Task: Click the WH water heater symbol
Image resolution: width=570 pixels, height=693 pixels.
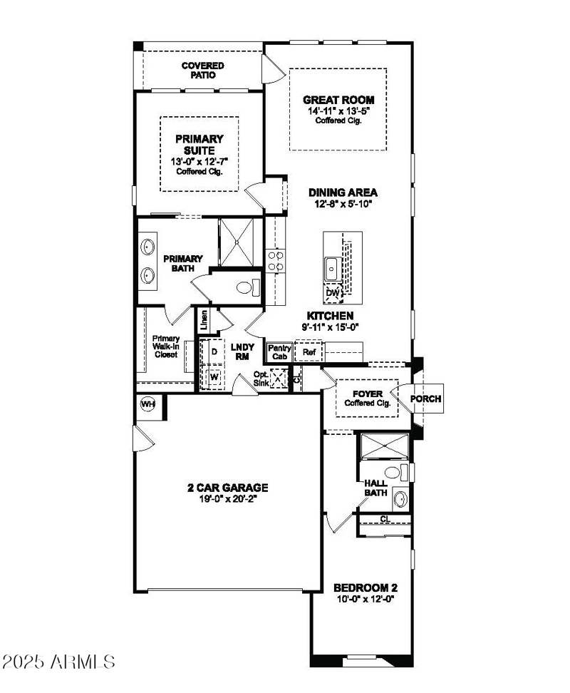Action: pyautogui.click(x=148, y=404)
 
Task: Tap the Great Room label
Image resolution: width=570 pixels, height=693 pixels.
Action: pyautogui.click(x=338, y=101)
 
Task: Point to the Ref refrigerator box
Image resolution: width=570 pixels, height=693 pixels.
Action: pyautogui.click(x=309, y=351)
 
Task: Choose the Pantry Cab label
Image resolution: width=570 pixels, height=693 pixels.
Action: pyautogui.click(x=278, y=351)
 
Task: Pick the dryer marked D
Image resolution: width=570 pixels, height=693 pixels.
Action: pyautogui.click(x=214, y=351)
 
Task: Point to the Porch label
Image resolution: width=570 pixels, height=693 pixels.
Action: pyautogui.click(x=425, y=399)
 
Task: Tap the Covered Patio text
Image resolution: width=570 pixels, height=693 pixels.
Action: pyautogui.click(x=202, y=70)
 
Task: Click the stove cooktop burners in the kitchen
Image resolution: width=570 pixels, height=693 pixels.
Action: pyautogui.click(x=275, y=260)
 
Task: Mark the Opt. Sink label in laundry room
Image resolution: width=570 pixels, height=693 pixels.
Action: pyautogui.click(x=262, y=378)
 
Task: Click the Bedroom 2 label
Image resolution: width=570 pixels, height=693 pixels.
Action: pyautogui.click(x=365, y=588)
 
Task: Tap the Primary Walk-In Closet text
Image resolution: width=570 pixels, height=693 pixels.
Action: pyautogui.click(x=165, y=346)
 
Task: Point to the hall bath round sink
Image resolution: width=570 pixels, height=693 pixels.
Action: pyautogui.click(x=400, y=498)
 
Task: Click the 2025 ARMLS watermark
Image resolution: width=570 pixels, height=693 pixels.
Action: pyautogui.click(x=58, y=661)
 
